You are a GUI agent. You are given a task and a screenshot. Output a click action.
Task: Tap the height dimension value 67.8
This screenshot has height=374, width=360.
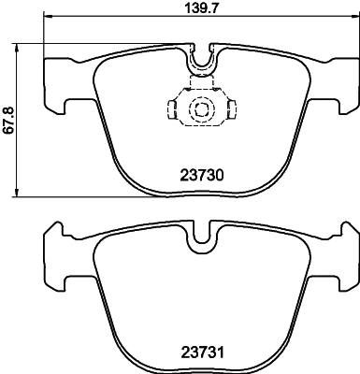[x=8, y=120]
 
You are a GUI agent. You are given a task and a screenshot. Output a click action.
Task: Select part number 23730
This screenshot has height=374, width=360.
[x=203, y=173]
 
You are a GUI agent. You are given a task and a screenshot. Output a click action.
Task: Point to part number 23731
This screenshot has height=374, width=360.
[x=203, y=353]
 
